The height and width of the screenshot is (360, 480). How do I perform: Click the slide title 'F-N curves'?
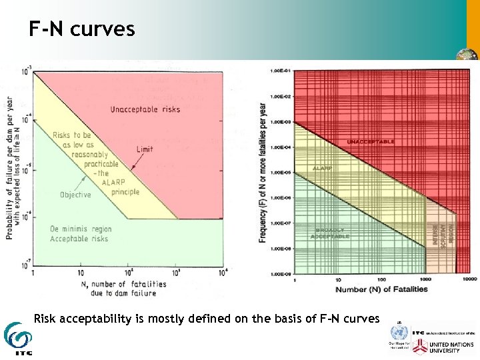81,29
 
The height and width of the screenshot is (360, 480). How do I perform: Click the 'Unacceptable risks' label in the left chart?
145,109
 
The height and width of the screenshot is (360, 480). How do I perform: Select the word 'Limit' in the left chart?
145,149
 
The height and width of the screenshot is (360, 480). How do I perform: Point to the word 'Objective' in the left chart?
75,195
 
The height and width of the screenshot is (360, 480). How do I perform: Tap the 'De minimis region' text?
81,229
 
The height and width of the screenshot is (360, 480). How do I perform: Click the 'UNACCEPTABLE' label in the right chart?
371,142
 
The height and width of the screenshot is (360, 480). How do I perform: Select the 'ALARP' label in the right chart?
323,168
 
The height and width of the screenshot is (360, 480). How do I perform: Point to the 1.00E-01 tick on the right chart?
280,71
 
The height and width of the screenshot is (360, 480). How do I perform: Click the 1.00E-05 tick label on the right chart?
280,172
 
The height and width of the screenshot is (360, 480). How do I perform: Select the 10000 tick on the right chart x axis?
469,279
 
